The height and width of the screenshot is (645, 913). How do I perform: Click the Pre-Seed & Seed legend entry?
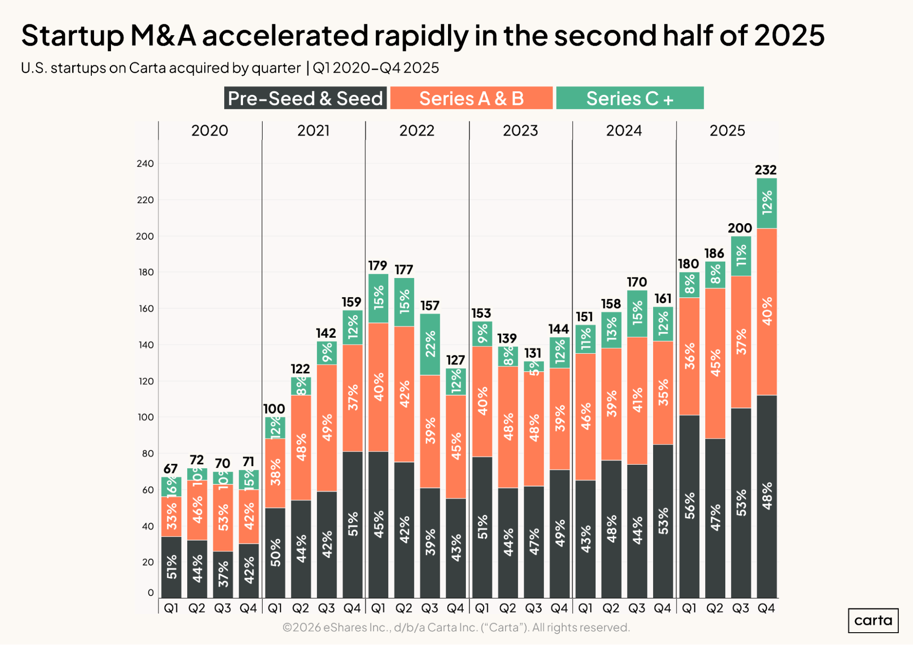point(305,98)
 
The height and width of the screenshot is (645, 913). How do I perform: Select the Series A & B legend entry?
point(471,98)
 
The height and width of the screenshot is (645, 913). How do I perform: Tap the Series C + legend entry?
point(630,98)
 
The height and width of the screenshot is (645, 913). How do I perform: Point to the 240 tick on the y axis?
point(145,163)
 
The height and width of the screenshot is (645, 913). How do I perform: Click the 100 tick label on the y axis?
point(145,417)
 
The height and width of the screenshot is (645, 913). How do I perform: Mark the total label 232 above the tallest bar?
point(765,170)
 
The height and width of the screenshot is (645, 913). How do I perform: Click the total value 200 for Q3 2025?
point(739,228)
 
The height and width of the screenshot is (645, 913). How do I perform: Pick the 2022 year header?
point(417,131)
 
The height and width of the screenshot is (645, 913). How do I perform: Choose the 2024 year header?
point(623,131)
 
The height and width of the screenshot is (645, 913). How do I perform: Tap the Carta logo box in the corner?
point(873,620)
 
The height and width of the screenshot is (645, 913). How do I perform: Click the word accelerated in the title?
point(285,35)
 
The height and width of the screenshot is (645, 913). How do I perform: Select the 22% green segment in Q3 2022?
point(430,344)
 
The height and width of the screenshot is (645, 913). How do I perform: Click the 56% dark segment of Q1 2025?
point(689,506)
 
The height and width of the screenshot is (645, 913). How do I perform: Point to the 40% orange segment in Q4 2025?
point(767,311)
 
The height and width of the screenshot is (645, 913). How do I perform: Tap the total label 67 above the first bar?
point(170,469)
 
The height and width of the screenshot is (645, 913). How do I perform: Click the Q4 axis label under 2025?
point(766,608)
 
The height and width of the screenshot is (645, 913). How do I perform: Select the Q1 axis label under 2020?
point(171,608)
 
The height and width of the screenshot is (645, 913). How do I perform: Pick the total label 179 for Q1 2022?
point(378,266)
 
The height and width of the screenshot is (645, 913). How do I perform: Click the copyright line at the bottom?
point(456,628)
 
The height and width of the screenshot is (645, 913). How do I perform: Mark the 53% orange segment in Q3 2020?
point(223,518)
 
